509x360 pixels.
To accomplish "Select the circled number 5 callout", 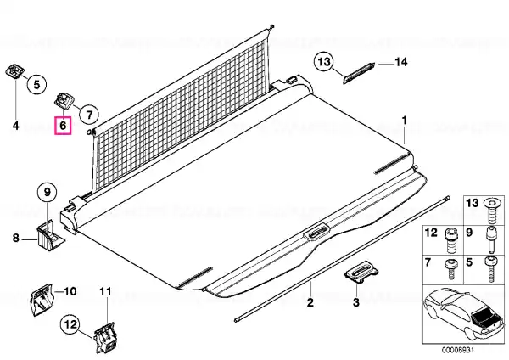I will coord(36,84).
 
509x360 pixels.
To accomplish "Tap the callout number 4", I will coord(14,126).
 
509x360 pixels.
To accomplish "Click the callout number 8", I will coord(14,239).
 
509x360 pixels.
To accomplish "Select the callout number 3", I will coord(356,302).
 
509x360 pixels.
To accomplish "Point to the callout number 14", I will coord(402,60).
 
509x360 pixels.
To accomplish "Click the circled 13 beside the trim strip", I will coord(323,61).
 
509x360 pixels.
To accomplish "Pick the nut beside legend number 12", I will coord(450,233).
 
